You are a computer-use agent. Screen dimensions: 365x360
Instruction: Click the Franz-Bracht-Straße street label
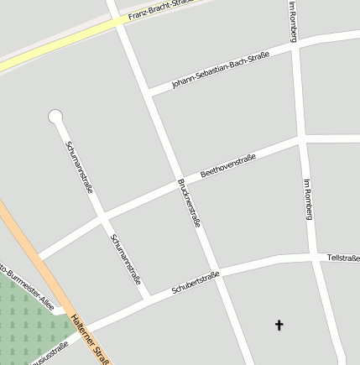coord(159,9)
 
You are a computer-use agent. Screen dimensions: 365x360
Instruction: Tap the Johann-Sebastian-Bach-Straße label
coord(221,70)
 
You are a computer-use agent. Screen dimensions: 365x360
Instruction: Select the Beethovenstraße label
coord(227,164)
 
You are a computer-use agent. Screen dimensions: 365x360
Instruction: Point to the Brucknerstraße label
coord(189,203)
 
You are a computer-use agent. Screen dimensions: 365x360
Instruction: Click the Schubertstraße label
coord(195,283)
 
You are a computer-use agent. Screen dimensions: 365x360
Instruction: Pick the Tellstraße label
coord(342,257)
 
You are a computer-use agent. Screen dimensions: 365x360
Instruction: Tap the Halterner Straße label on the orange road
coord(91,340)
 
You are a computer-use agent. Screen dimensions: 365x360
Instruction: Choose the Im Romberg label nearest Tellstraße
coord(307,199)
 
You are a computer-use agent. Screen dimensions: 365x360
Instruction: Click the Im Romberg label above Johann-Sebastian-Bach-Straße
coord(292,21)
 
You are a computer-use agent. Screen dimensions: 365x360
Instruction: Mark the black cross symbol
coord(279,324)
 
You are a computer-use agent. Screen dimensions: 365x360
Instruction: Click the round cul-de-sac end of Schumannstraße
coord(55,116)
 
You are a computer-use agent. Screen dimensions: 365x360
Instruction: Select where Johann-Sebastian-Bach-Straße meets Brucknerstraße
coord(149,91)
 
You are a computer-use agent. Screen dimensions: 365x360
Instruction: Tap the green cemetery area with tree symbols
coord(29,319)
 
